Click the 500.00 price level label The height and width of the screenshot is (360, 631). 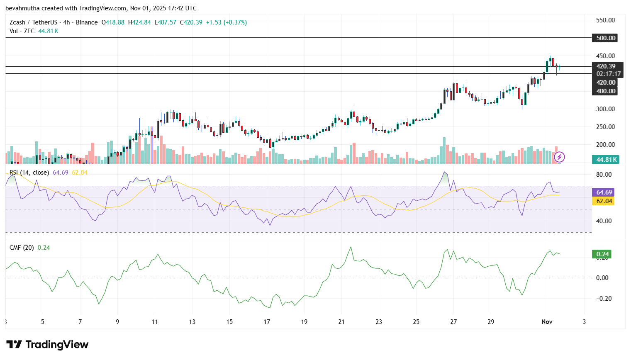[x=606, y=38]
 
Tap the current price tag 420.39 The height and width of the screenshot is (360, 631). [x=606, y=66]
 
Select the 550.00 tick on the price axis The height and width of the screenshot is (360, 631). [x=605, y=20]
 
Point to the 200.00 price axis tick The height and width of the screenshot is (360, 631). [x=605, y=145]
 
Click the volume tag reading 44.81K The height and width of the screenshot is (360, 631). [x=607, y=160]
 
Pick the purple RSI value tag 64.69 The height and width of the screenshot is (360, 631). [x=604, y=192]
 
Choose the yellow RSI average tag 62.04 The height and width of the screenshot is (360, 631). [x=604, y=201]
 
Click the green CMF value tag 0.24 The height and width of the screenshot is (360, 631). [x=602, y=254]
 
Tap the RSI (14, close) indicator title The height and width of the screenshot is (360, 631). [x=29, y=173]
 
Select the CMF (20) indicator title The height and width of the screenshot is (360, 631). [x=22, y=248]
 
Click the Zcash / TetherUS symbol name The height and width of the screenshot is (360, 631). [x=33, y=22]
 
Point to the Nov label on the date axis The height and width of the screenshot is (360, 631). [x=547, y=322]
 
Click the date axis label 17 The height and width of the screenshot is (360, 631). [x=267, y=322]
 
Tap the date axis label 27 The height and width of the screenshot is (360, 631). [x=453, y=322]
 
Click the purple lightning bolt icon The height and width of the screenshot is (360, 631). [x=559, y=157]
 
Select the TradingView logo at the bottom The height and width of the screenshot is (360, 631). [x=47, y=345]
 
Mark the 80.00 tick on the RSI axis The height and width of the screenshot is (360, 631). [x=604, y=175]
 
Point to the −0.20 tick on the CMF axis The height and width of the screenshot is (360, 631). [x=604, y=299]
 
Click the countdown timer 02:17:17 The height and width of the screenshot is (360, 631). [x=608, y=74]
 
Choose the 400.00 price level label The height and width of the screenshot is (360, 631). [x=606, y=91]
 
